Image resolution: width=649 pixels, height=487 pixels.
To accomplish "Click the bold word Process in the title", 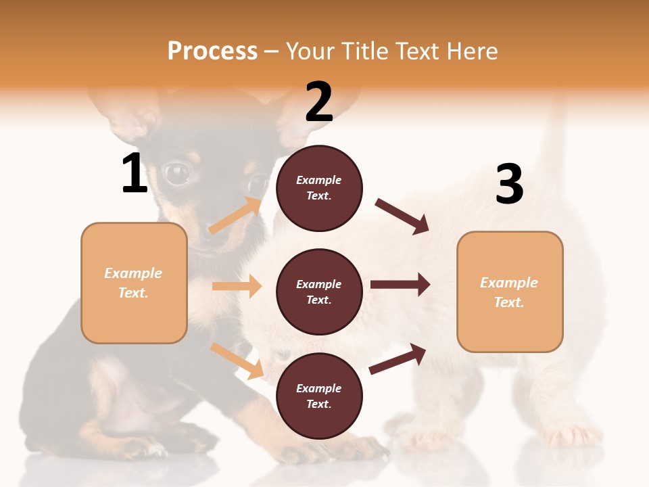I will [212, 51].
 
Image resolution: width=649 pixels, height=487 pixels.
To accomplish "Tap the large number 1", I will [135, 173].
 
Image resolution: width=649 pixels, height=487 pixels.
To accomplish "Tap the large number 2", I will [319, 102].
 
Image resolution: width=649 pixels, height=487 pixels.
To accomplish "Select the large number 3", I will [510, 184].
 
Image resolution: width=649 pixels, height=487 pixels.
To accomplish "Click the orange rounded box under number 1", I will [134, 283].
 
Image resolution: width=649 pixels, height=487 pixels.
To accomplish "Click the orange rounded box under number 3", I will [510, 292].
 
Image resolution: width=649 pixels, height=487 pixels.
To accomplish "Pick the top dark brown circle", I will [319, 188].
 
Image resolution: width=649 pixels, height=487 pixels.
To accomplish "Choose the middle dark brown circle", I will [319, 292].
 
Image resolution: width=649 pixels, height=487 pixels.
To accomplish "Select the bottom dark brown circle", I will [319, 396].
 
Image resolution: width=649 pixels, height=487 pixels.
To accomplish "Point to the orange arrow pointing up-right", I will [235, 216].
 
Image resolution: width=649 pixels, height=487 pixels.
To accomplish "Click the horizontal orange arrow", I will [237, 286].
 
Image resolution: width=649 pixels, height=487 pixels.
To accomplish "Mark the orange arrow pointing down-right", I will [237, 361].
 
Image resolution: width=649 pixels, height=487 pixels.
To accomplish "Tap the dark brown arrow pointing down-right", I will [402, 216].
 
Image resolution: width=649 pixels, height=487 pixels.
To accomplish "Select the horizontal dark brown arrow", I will [400, 285].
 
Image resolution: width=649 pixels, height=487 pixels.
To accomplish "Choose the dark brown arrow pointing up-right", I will [398, 358].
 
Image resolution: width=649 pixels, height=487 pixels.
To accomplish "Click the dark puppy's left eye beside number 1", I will [177, 174].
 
